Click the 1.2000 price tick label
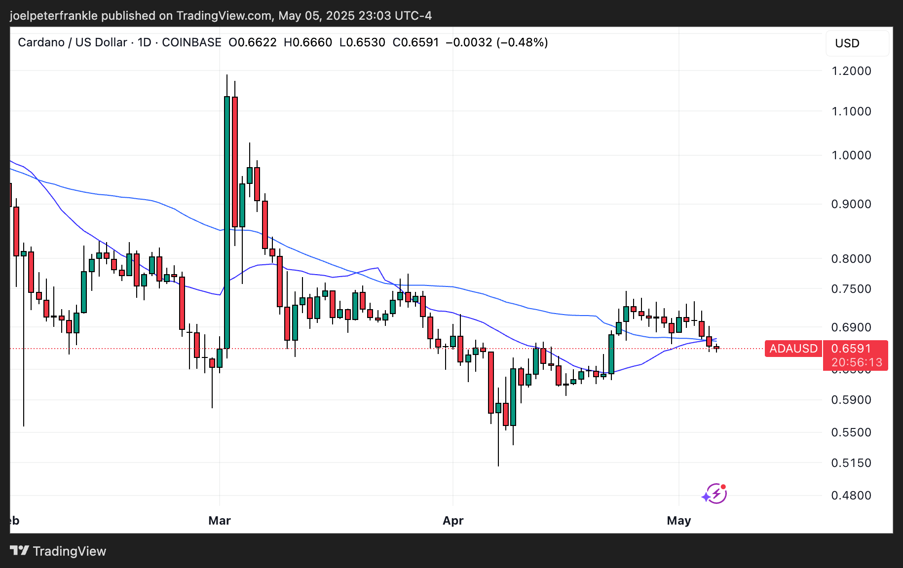[851, 71]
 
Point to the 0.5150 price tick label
[851, 463]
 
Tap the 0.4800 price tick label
[851, 496]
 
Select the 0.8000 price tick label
[851, 259]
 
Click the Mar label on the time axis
[220, 521]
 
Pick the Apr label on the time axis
[453, 521]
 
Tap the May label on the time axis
[678, 521]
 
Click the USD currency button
[847, 43]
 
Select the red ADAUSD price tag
[793, 349]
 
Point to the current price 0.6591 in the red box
[851, 349]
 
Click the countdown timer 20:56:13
[857, 363]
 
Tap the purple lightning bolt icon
[715, 494]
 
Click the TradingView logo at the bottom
[58, 551]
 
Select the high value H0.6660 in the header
[308, 42]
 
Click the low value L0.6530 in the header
[362, 42]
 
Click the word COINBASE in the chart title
[191, 42]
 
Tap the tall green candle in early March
[227, 222]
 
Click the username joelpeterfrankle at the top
[54, 16]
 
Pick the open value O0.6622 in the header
[253, 42]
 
